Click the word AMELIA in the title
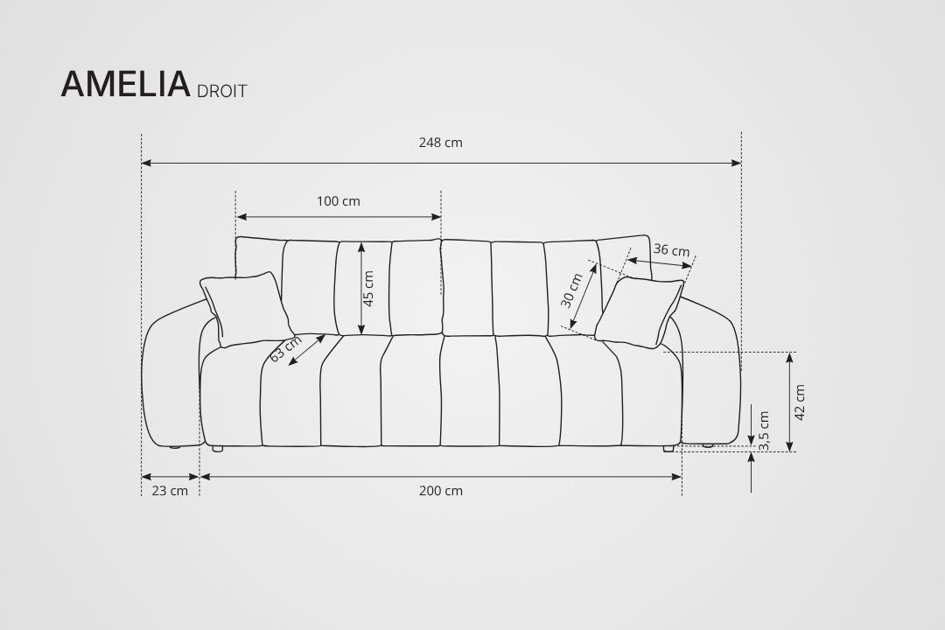[x=125, y=84]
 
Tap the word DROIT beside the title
[x=221, y=91]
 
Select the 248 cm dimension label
[x=440, y=143]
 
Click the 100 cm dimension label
[x=338, y=201]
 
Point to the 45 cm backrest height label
[x=369, y=288]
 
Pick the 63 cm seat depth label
[x=285, y=348]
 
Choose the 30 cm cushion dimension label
[x=572, y=290]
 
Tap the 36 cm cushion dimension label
[x=671, y=249]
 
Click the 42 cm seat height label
[x=800, y=402]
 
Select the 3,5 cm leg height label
[x=764, y=431]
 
